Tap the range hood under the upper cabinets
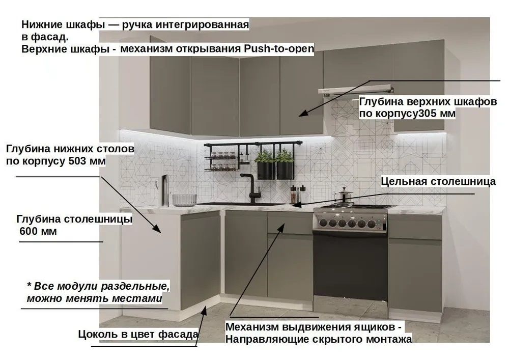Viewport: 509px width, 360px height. coord(356,90)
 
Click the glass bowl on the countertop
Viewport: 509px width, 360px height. coord(184,200)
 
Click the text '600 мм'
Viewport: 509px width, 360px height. coord(38,232)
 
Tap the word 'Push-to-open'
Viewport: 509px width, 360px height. coord(278,49)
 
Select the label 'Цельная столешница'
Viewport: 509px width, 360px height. coord(438,181)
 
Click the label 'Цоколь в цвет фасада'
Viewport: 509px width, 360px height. coord(138,334)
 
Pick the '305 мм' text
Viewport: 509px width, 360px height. coord(436,114)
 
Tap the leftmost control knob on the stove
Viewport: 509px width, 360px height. coord(323,223)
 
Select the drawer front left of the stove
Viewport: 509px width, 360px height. coord(290,223)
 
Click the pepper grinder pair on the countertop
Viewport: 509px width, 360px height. coord(298,194)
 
